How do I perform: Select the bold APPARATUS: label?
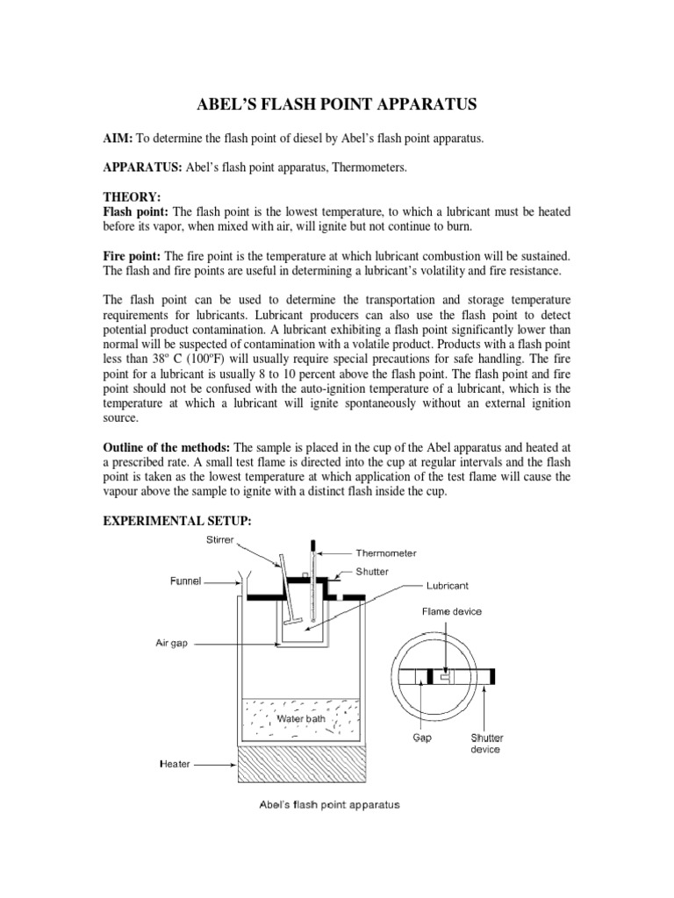pyautogui.click(x=143, y=174)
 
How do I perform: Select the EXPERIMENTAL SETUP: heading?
pyautogui.click(x=178, y=521)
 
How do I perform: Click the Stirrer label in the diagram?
pyautogui.click(x=219, y=540)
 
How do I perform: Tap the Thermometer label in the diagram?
pyautogui.click(x=386, y=553)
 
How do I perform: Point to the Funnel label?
pyautogui.click(x=185, y=581)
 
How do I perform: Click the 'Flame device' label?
pyautogui.click(x=451, y=611)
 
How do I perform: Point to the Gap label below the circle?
pyautogui.click(x=422, y=738)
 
